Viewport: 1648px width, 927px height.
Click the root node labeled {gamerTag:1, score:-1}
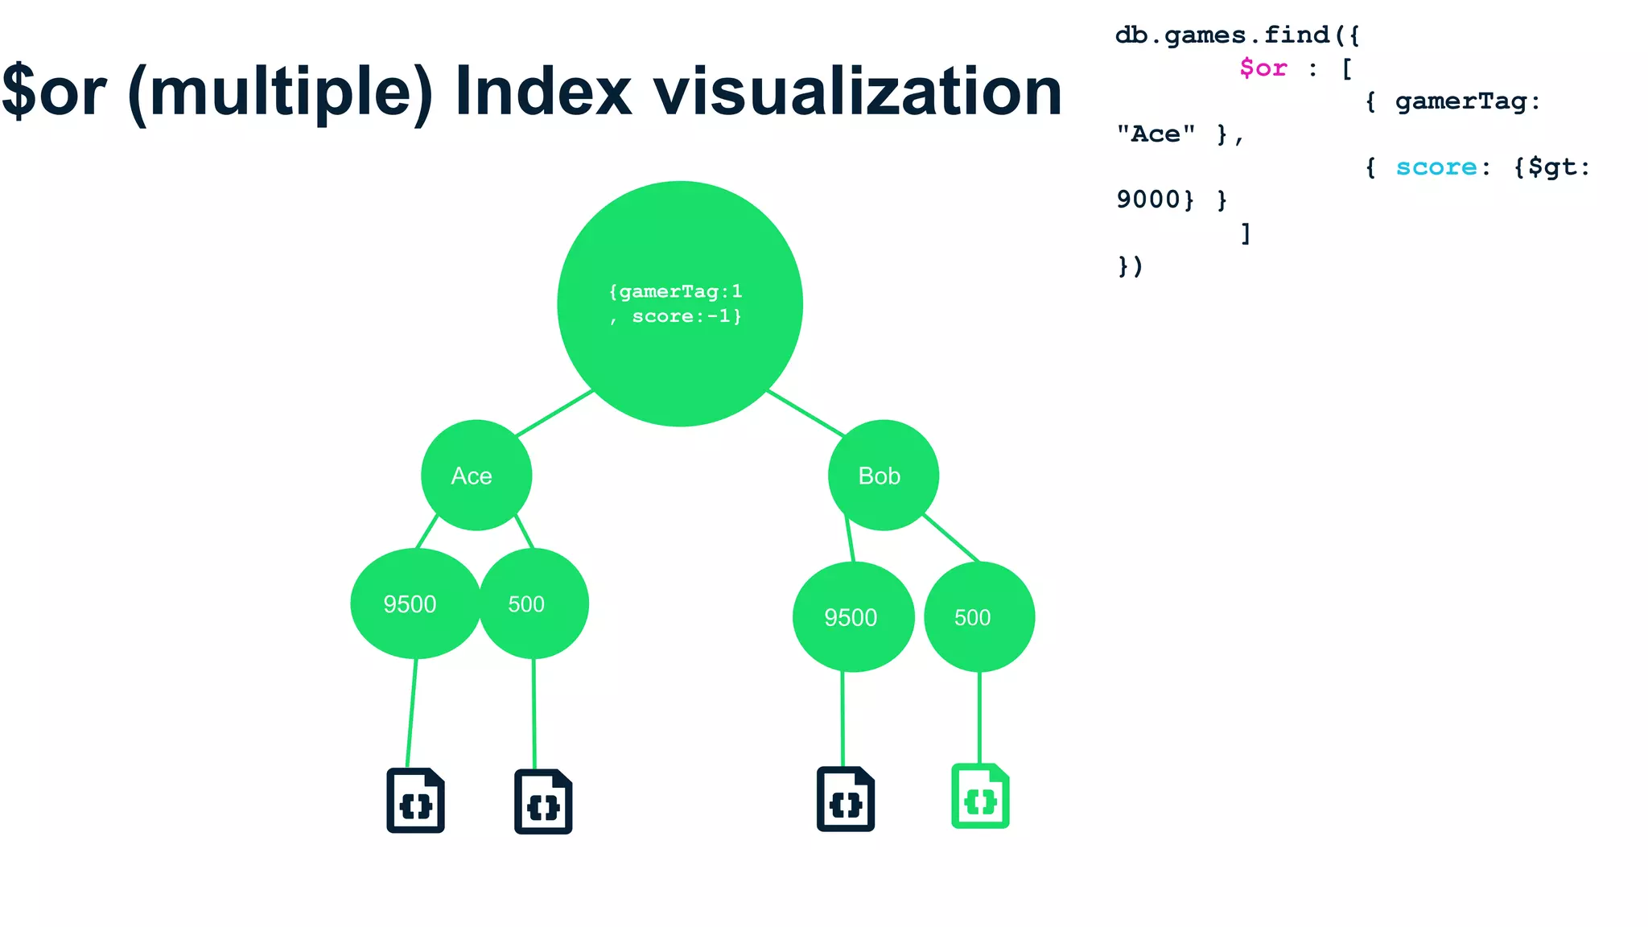pyautogui.click(x=680, y=303)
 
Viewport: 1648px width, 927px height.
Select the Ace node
pyautogui.click(x=476, y=476)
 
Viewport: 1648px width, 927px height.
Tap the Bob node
pyautogui.click(x=883, y=476)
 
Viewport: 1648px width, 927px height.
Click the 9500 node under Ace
pyautogui.click(x=414, y=604)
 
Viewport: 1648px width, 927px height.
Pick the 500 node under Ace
pyautogui.click(x=533, y=604)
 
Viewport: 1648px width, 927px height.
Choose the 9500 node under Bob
pyautogui.click(x=853, y=617)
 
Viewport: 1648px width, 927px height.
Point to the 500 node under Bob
pyautogui.click(x=978, y=617)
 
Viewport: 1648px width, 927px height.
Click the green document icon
pyautogui.click(x=980, y=796)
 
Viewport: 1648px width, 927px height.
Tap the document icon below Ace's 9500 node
pyautogui.click(x=415, y=801)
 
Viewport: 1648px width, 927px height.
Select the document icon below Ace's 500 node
pyautogui.click(x=543, y=802)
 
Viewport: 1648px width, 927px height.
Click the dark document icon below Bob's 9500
pyautogui.click(x=845, y=799)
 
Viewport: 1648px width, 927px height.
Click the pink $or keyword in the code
pyautogui.click(x=1263, y=68)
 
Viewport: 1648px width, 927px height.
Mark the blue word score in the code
pyautogui.click(x=1436, y=167)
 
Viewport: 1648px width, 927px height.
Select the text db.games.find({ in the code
pyautogui.click(x=1237, y=35)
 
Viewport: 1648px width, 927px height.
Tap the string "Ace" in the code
pyautogui.click(x=1156, y=134)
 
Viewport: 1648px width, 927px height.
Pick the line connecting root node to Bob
pyautogui.click(x=805, y=413)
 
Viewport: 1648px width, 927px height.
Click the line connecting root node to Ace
pyautogui.click(x=554, y=413)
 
